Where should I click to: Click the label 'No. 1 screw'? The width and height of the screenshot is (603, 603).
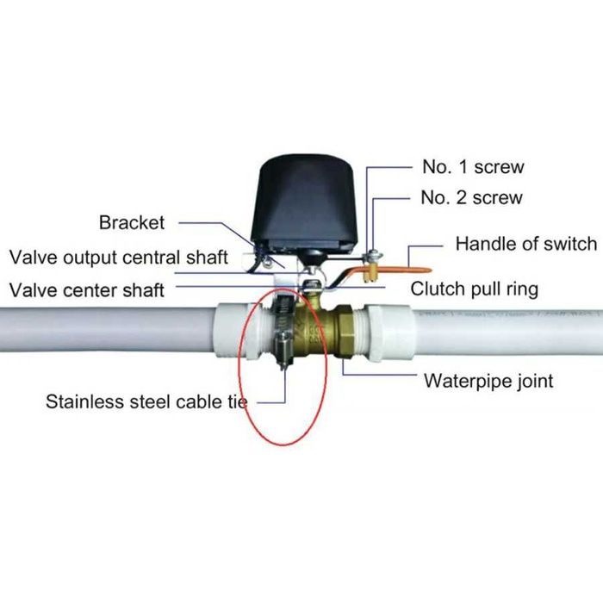pos(473,167)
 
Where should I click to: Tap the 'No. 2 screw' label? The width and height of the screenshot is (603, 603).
pos(471,197)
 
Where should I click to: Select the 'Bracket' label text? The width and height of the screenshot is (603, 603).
pos(132,222)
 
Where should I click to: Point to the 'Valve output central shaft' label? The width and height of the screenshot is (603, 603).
pos(119,258)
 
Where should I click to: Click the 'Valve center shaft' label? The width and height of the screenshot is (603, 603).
pos(86,290)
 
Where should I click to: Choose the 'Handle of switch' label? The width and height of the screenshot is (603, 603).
pos(526,244)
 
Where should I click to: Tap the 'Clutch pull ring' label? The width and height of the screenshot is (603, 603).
pos(474,289)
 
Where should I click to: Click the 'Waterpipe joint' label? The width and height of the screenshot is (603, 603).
pos(488,381)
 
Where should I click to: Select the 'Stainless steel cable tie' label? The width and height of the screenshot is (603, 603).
pos(146,402)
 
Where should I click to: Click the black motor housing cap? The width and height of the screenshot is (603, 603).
pos(305,202)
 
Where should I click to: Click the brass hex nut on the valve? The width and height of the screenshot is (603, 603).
pos(345,331)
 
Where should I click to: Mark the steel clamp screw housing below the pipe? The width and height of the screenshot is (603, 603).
pos(284,350)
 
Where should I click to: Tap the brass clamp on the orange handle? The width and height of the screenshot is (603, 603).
pos(371,272)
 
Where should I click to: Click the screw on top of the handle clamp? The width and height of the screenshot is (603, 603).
pos(372,255)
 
